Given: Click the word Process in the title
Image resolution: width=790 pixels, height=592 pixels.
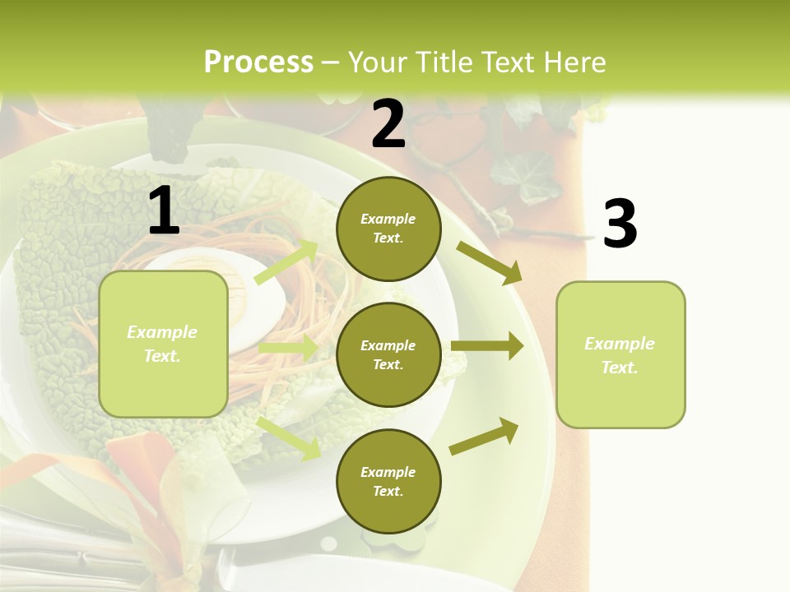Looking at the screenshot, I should pos(258,62).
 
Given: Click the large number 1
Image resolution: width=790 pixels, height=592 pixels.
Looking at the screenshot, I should pos(164,211).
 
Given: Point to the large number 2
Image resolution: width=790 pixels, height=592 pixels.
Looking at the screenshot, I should pos(388,124).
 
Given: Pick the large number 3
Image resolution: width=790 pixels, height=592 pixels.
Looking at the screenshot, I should pos(620,224).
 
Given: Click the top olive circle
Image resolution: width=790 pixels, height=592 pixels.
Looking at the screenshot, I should pos(388,229).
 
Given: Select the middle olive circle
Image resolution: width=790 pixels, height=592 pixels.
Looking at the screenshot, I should pos(388,355).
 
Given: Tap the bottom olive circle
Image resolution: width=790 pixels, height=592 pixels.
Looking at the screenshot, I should pos(388,482).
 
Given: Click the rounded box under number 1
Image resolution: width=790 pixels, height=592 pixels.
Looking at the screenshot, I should pos(163,344).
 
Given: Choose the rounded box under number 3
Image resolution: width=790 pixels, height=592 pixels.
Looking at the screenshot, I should pos(620,355).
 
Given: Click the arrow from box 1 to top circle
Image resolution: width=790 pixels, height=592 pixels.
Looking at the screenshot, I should pos(286,262).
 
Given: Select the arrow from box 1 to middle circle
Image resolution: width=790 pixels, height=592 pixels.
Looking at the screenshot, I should pos(287,348).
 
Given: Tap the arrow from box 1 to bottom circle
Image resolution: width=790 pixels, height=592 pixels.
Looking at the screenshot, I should pos(289,437).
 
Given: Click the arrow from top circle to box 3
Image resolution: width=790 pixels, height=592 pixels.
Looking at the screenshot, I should pos(490,262).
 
